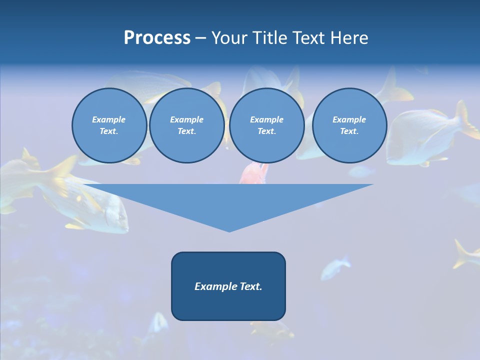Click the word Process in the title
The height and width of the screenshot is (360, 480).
[x=157, y=38]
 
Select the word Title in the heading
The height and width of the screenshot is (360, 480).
[x=271, y=38]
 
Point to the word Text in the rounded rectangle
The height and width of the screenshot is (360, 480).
[x=250, y=286]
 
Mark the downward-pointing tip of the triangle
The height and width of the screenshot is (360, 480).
[x=229, y=231]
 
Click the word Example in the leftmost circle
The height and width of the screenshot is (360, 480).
[x=109, y=119]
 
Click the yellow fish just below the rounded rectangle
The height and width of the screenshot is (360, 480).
[x=272, y=329]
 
